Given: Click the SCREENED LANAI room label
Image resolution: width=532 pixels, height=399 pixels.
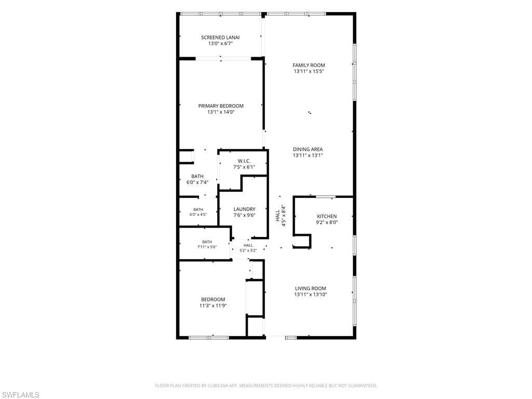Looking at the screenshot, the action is point(220,37).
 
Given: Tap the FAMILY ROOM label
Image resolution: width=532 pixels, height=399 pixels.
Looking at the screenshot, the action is point(309,65).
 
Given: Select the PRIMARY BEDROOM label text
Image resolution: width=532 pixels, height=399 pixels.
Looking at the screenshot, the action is point(221,106).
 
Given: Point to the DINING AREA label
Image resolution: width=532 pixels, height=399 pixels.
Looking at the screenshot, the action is point(308,149).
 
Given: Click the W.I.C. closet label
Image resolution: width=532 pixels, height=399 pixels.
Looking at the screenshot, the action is point(244,161).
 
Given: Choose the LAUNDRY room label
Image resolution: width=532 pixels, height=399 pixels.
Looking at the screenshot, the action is point(244,209).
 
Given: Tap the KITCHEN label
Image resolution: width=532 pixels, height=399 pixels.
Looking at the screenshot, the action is point(327,217).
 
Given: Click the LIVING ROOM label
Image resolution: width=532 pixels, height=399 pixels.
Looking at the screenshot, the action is point(311,288).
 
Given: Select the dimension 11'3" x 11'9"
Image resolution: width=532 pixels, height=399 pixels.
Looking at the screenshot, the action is point(213,305).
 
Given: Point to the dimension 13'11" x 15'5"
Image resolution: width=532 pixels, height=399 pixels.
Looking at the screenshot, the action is point(309,71).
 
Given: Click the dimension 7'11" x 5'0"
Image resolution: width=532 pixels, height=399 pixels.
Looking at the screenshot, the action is point(207,247).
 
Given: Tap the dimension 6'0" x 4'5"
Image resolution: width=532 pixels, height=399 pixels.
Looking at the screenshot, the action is point(198,215).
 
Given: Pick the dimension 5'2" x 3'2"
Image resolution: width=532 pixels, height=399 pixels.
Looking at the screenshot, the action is point(248,250).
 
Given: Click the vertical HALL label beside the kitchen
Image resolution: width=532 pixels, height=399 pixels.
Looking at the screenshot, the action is point(277,216).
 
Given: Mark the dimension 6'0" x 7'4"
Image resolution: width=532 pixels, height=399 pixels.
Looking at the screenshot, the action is point(197,182).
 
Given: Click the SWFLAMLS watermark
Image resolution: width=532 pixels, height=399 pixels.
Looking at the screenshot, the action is point(20,395).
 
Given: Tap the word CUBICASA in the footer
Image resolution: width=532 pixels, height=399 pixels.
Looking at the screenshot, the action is point(217,386).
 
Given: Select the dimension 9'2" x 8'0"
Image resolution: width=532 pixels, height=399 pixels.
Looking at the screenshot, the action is point(327,222).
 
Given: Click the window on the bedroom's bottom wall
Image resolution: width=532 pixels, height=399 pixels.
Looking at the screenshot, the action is point(209,338).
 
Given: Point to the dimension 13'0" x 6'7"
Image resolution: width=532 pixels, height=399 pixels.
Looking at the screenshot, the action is point(220,44).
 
